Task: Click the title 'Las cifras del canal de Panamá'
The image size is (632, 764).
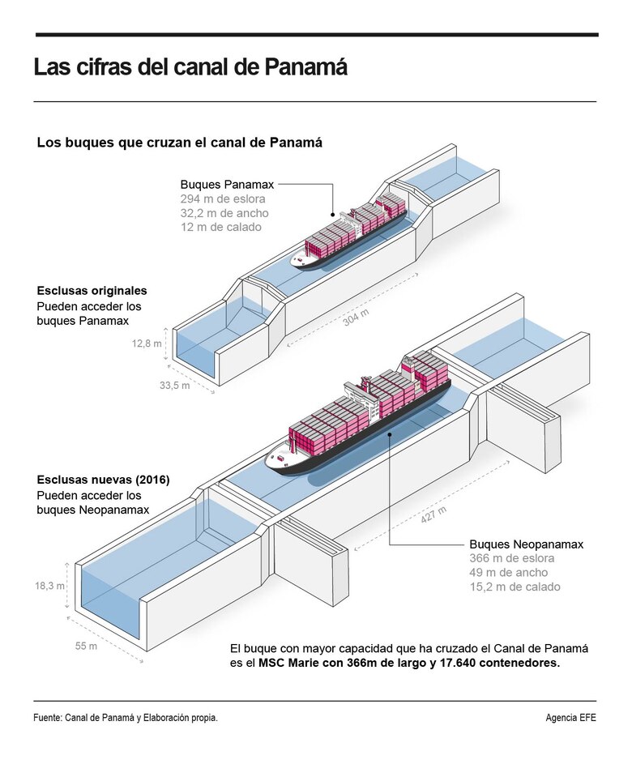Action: coord(190,67)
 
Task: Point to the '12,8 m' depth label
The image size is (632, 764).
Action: coord(147,344)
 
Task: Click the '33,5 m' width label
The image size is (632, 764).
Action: coord(174,386)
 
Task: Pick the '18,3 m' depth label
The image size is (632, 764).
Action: coord(50,586)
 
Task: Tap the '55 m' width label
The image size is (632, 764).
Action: coord(86,647)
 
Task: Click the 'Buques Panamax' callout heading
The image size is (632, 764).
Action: coord(226,185)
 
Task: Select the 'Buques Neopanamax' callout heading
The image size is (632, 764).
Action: coord(527,544)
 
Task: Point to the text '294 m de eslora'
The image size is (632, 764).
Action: coord(223,199)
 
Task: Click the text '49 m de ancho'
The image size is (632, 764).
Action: coord(507,573)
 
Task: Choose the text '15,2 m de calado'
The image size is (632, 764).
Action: coord(515,587)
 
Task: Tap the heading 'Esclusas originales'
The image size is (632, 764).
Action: coord(92,290)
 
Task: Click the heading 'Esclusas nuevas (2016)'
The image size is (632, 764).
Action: coord(103,480)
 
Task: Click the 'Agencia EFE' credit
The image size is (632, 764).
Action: coord(571,718)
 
